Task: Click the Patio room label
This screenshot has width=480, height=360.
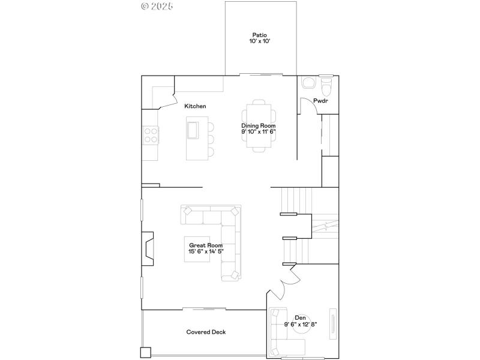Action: [259, 35]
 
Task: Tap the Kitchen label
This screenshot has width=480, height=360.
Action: [195, 106]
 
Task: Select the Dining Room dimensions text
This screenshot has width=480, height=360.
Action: [259, 131]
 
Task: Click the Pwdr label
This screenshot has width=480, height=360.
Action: [321, 101]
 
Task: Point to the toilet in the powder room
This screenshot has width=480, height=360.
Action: [326, 87]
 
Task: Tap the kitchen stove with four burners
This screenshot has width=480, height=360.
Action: [150, 135]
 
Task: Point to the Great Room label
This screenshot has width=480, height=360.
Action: [206, 245]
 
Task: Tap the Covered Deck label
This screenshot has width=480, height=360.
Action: [206, 332]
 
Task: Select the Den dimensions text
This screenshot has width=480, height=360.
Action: [301, 325]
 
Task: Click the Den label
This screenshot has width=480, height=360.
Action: [300, 318]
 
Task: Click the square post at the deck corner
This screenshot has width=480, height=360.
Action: [146, 352]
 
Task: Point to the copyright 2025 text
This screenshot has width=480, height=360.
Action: [157, 6]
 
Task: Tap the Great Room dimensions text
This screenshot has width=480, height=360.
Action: [206, 252]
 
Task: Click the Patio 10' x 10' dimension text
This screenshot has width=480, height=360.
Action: [259, 41]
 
